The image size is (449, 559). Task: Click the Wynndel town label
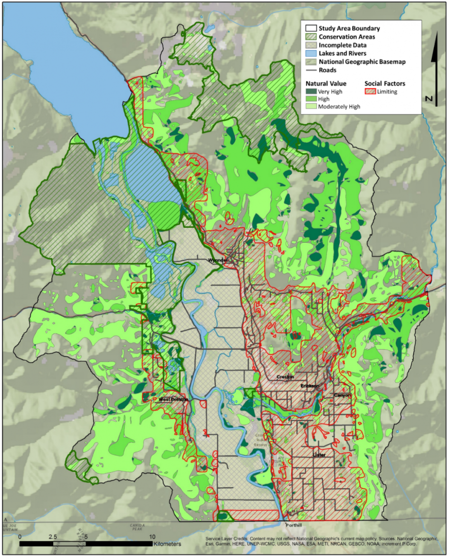click(218, 261)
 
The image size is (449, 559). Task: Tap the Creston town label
click(285, 377)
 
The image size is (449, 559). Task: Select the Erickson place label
click(309, 386)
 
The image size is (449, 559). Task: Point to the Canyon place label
click(342, 395)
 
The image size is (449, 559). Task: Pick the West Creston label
click(173, 399)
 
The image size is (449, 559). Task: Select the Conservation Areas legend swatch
click(311, 37)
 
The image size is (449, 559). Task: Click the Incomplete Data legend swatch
click(311, 45)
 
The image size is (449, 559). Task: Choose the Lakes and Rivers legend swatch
click(311, 53)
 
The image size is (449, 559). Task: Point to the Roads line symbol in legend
click(311, 70)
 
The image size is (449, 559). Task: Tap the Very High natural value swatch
click(311, 92)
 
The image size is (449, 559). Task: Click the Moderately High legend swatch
click(311, 107)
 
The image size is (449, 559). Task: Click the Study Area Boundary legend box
click(311, 28)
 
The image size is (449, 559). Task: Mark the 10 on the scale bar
click(152, 536)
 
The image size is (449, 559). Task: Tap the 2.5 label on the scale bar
click(52, 536)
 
